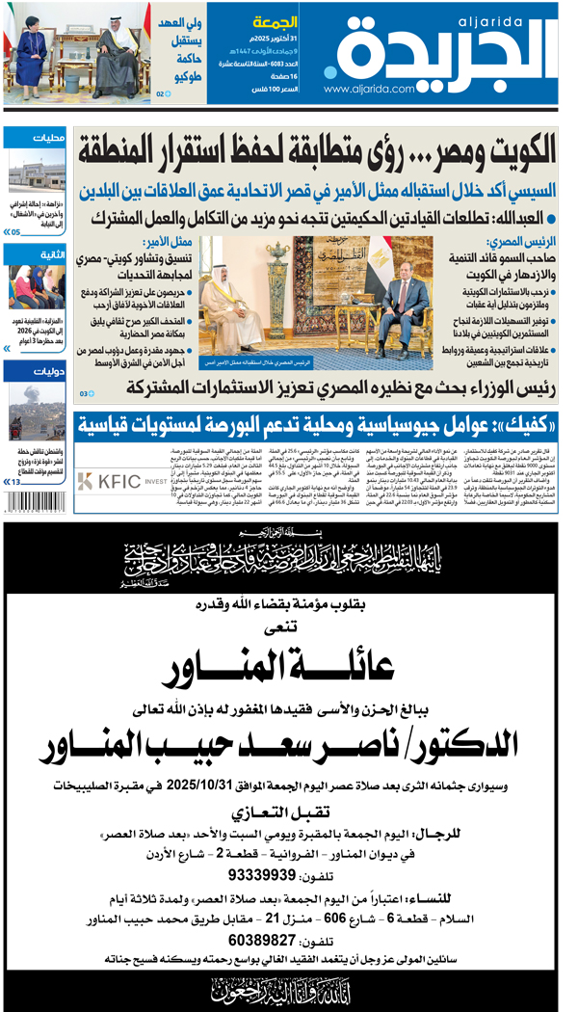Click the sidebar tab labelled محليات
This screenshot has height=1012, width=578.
[x=49, y=138]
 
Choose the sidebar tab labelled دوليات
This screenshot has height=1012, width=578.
[x=49, y=370]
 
